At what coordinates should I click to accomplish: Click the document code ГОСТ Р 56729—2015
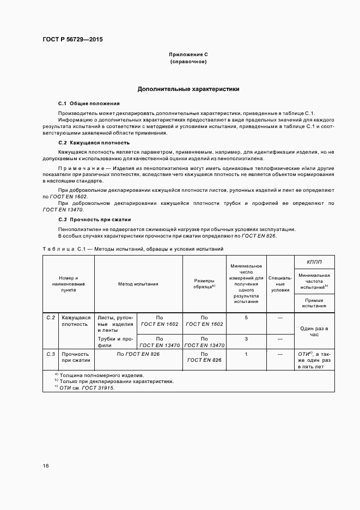click(x=72, y=40)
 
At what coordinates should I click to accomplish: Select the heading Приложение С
click(x=188, y=55)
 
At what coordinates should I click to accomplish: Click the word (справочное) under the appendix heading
click(x=188, y=62)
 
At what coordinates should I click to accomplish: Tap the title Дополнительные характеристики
click(x=188, y=88)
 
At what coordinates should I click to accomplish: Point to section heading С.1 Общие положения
click(x=89, y=103)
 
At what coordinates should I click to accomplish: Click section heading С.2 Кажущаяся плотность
click(x=94, y=142)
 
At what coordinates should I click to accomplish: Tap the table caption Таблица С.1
click(x=62, y=248)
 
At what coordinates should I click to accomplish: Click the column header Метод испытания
click(x=138, y=284)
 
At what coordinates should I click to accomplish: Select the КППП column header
click(x=314, y=262)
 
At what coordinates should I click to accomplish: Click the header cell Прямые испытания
click(x=314, y=303)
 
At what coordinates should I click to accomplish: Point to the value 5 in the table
click(x=246, y=317)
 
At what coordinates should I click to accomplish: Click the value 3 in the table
click(x=246, y=339)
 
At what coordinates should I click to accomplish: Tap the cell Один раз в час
click(x=314, y=331)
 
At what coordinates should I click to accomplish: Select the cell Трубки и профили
click(x=115, y=342)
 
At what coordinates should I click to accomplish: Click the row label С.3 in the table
click(x=51, y=354)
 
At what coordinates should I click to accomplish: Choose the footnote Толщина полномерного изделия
click(x=101, y=375)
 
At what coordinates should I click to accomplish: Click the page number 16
click(x=46, y=466)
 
